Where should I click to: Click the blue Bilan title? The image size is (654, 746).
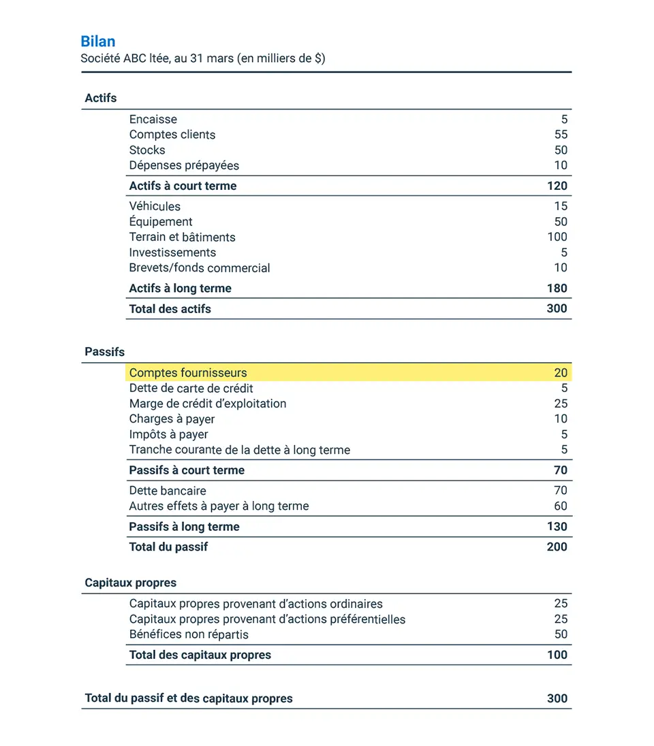97,42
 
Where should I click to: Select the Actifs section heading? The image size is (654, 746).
101,98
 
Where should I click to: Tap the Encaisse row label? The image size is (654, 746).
153,119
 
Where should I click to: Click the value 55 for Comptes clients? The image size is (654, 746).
561,134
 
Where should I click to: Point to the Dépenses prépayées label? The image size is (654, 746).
184,165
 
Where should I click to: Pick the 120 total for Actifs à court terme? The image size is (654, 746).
557,186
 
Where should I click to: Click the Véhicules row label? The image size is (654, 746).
155,206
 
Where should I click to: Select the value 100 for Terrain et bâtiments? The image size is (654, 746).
557,237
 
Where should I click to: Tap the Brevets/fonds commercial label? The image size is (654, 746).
200,268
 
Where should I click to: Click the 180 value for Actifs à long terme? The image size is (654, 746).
557,288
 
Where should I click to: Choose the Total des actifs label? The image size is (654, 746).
170,309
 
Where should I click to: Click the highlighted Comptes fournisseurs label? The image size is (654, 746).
188,373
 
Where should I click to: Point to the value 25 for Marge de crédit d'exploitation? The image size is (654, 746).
561,404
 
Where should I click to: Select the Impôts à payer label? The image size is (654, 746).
168,434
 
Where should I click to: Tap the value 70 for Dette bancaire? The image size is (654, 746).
561,490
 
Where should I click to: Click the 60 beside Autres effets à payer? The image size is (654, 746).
561,506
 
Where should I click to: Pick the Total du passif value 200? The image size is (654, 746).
557,547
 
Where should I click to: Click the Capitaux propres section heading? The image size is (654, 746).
130,583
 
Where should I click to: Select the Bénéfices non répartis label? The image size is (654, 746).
189,634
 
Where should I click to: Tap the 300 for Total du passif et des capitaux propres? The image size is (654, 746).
557,698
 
